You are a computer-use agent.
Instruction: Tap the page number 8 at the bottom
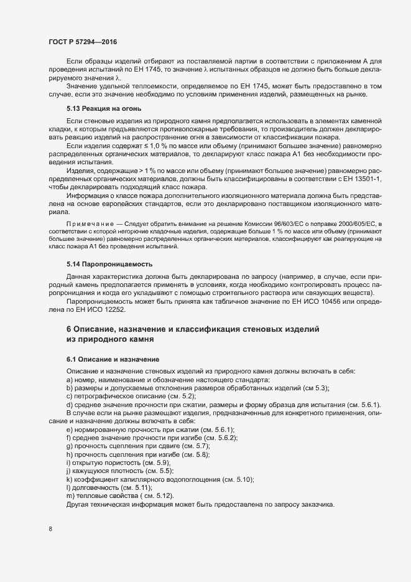pyautogui.click(x=50, y=530)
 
